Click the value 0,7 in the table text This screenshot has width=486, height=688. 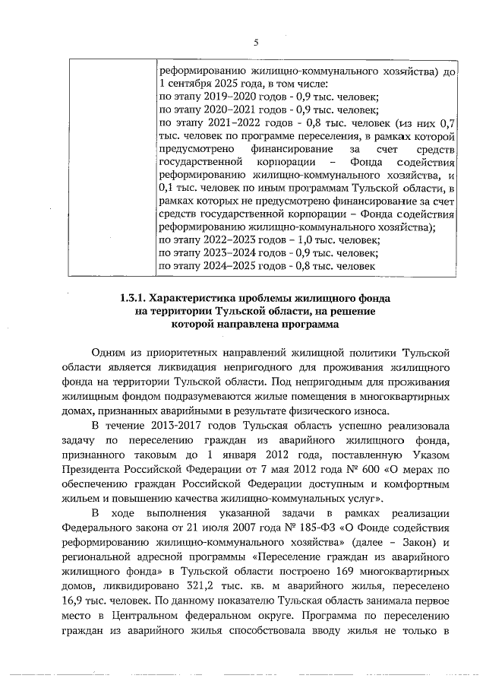click(x=447, y=122)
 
